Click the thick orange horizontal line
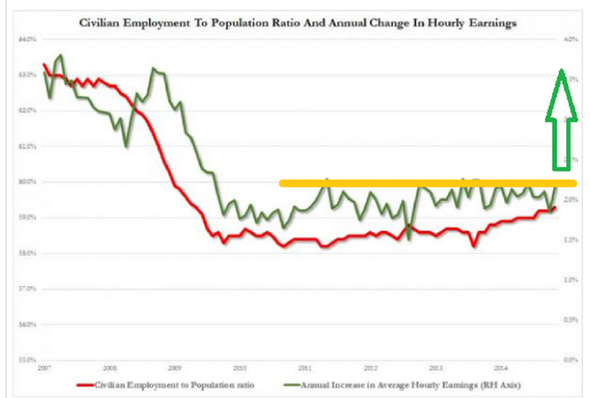(428, 183)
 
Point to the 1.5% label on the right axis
(569, 240)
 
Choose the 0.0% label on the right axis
(569, 360)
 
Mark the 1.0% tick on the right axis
(569, 280)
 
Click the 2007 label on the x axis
(45, 368)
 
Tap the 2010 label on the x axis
(240, 368)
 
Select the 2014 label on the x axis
(501, 368)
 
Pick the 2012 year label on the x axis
(370, 368)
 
